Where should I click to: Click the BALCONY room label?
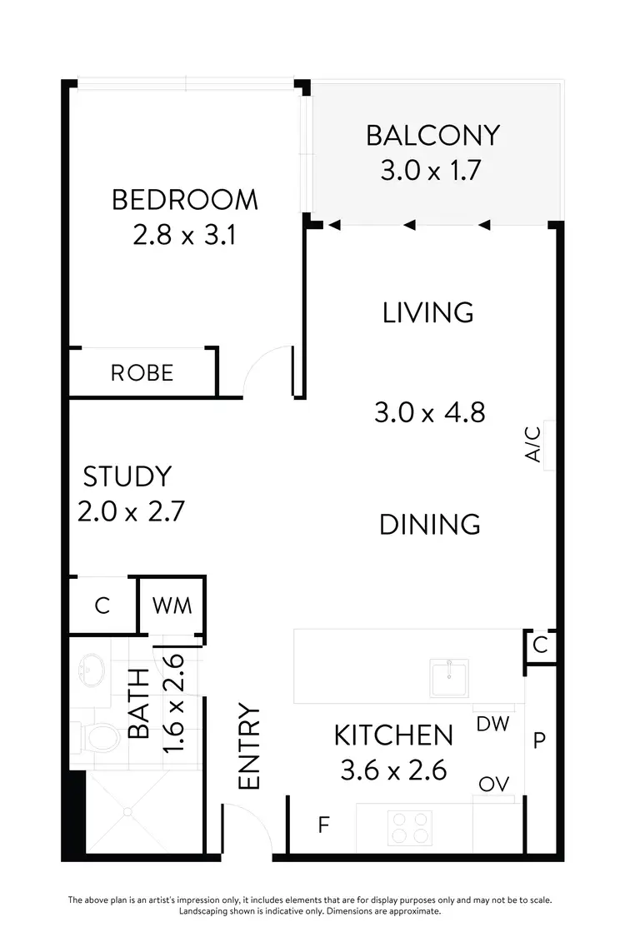point(432,135)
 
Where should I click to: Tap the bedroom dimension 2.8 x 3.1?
point(185,236)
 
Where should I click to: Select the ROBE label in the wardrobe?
point(142,372)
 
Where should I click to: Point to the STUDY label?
point(127,476)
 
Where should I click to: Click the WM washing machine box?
point(172,606)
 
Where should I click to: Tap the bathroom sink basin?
point(90,667)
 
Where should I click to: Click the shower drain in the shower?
point(127,810)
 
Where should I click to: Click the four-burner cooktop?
point(409,828)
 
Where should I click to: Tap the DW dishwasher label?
point(492,724)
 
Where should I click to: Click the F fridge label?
point(323,825)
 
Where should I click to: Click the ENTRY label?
point(249,747)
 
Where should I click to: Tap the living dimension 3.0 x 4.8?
point(429,412)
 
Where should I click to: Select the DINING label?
point(429,524)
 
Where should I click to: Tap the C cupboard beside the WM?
point(102,606)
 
